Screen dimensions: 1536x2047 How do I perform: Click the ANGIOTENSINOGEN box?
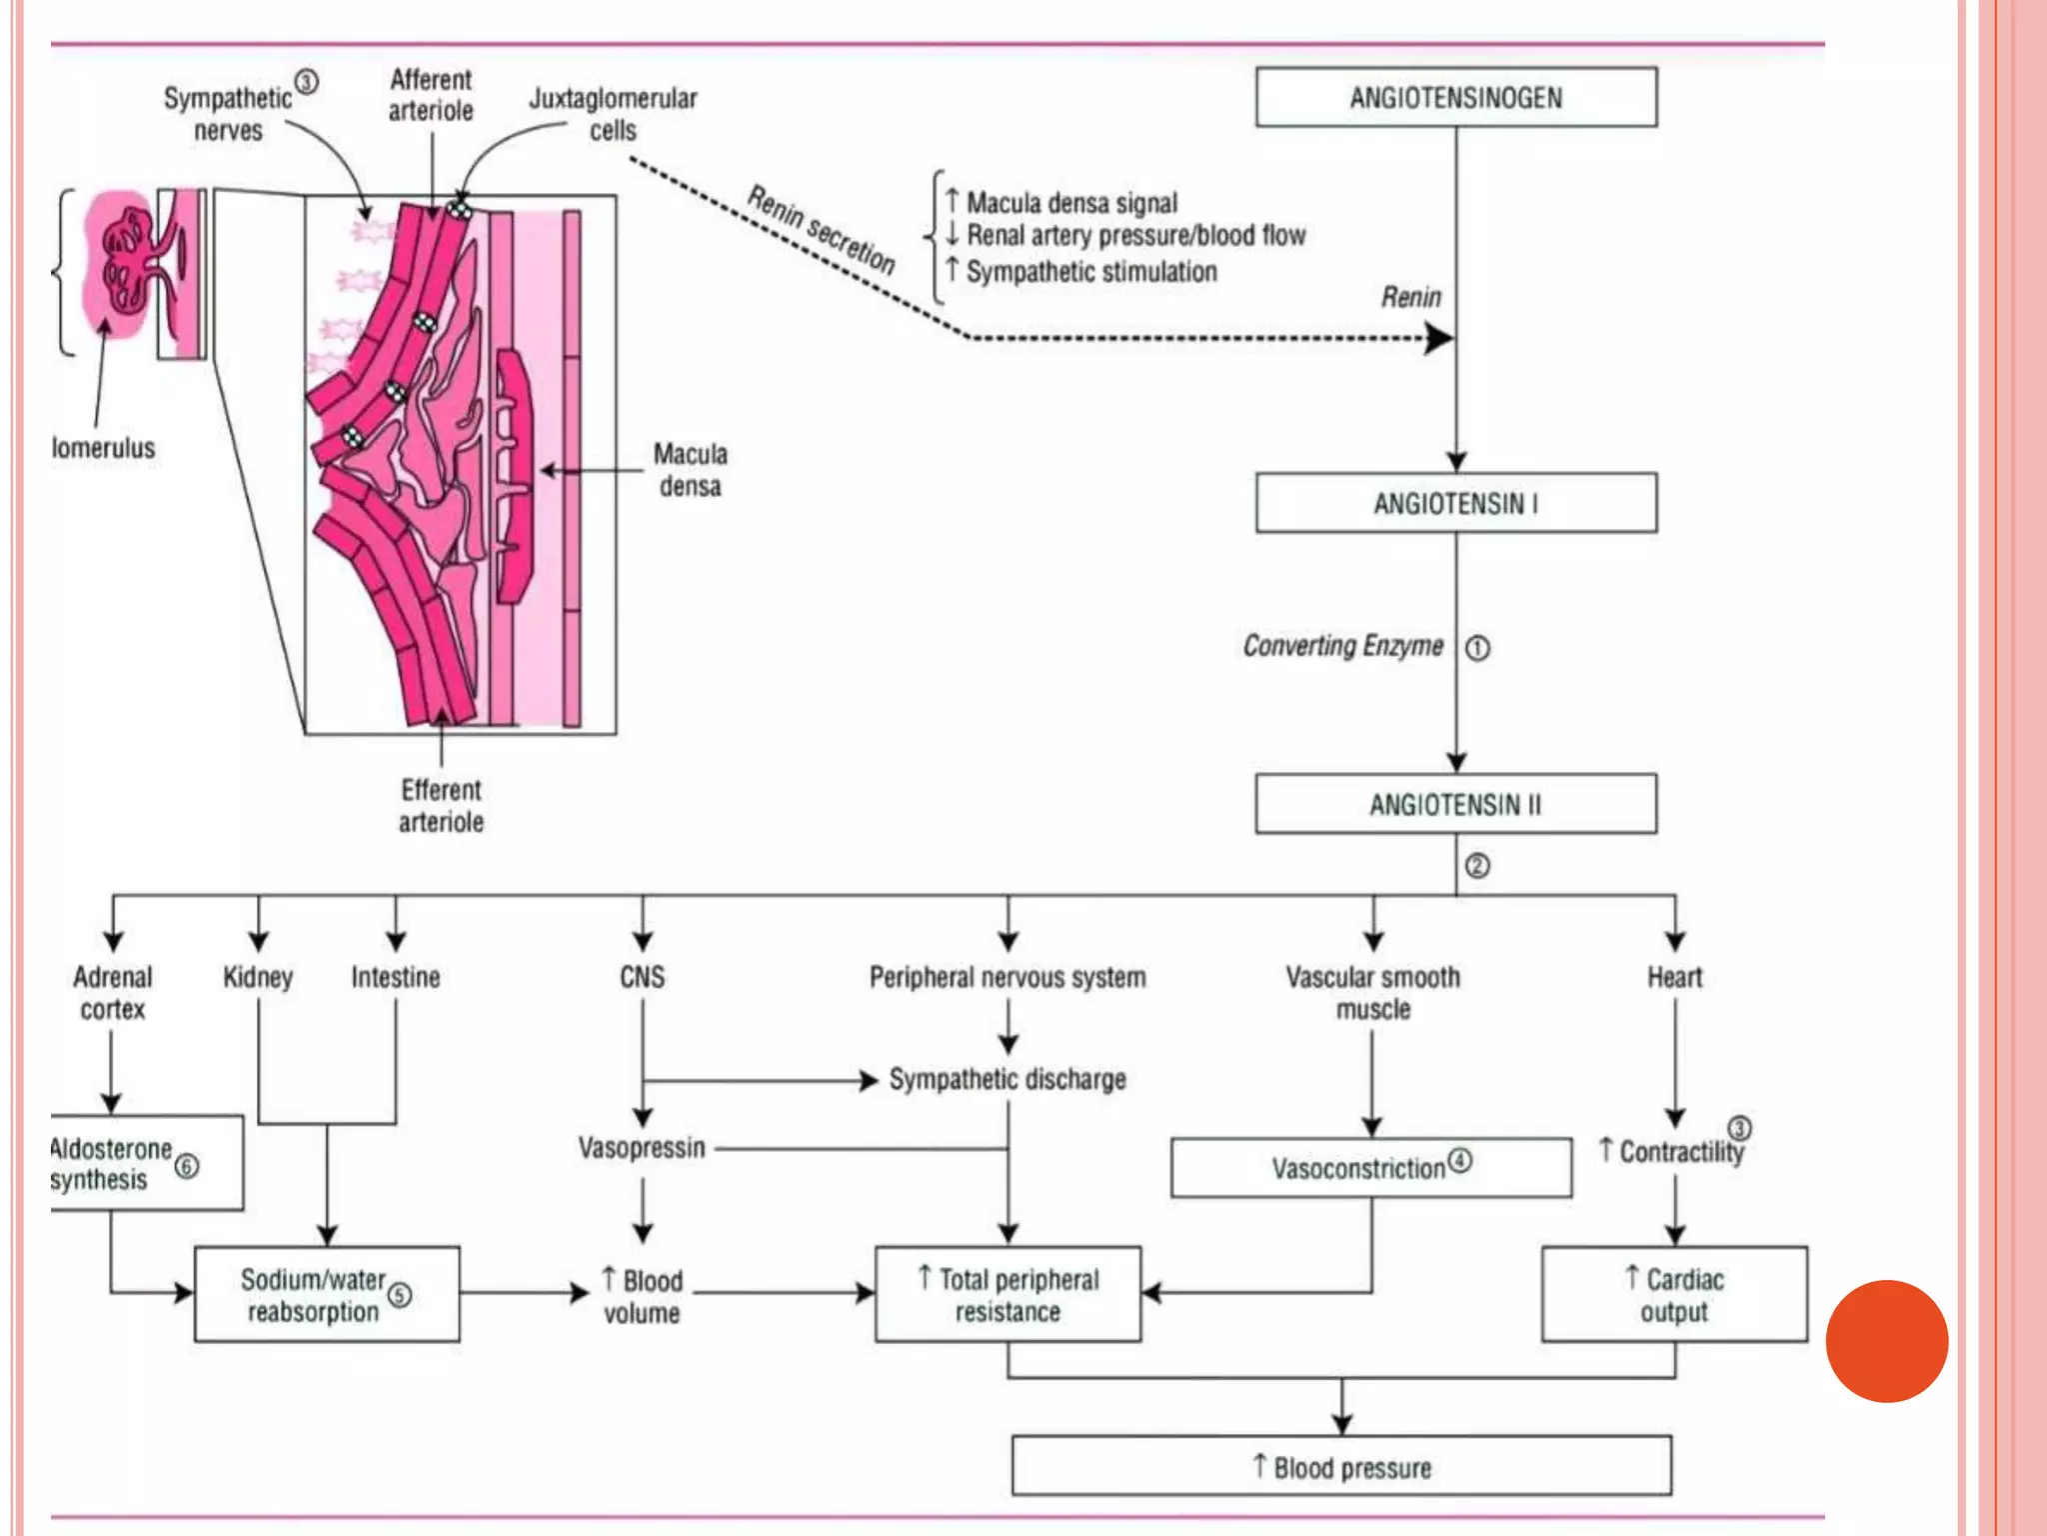(1455, 97)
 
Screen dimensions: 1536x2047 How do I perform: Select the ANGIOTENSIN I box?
(1455, 503)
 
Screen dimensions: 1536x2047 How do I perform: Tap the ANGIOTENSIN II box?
(1455, 804)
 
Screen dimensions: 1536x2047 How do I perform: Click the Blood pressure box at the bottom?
(1341, 1467)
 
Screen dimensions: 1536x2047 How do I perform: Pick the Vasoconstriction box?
(1370, 1167)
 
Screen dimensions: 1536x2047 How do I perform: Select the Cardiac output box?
(1674, 1294)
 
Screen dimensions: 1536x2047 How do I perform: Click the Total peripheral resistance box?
(1008, 1294)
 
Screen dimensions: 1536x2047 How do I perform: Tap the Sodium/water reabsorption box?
(326, 1294)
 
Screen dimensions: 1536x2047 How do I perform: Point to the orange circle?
(1886, 1341)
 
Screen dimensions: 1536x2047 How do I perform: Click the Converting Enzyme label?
(1342, 646)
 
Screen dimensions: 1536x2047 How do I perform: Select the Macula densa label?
(690, 470)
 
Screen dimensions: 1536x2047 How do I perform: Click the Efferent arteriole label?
(441, 805)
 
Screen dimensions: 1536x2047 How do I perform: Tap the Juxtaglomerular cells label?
(613, 113)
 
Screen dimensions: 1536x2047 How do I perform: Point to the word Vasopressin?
(642, 1148)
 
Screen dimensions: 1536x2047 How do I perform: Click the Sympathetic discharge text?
(1008, 1079)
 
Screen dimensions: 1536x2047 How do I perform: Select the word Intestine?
(395, 977)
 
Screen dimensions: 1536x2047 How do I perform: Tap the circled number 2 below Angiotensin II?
(1477, 866)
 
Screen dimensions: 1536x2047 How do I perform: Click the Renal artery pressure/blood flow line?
(1135, 236)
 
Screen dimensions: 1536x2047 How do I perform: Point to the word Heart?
(1674, 977)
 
